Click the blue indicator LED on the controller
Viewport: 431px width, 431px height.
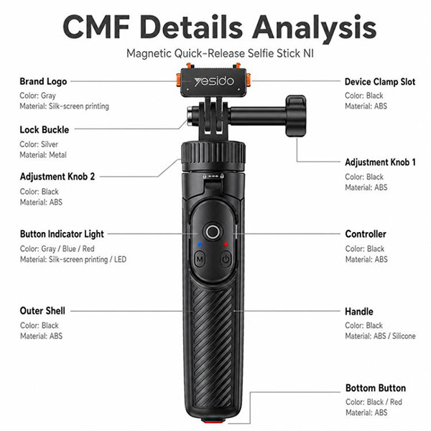200,244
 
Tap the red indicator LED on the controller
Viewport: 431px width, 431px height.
226,244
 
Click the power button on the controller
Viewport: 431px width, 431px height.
226,259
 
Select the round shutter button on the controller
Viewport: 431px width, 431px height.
213,232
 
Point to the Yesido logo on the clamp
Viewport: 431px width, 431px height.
214,82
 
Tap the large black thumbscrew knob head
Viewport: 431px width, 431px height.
296,116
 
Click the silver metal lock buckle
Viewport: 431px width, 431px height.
190,116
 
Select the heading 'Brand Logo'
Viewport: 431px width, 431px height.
43,82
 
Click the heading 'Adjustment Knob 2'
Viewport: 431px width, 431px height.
57,176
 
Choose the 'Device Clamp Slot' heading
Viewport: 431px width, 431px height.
380,82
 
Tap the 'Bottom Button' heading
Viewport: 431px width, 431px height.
376,388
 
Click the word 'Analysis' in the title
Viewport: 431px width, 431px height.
314,28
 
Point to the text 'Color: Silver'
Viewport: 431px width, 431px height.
39,144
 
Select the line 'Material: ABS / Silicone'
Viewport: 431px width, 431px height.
380,336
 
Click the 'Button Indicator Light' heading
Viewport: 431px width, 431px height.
62,234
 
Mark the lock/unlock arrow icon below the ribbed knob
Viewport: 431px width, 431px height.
213,176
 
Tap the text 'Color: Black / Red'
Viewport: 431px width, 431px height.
374,402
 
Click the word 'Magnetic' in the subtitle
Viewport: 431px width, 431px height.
149,53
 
